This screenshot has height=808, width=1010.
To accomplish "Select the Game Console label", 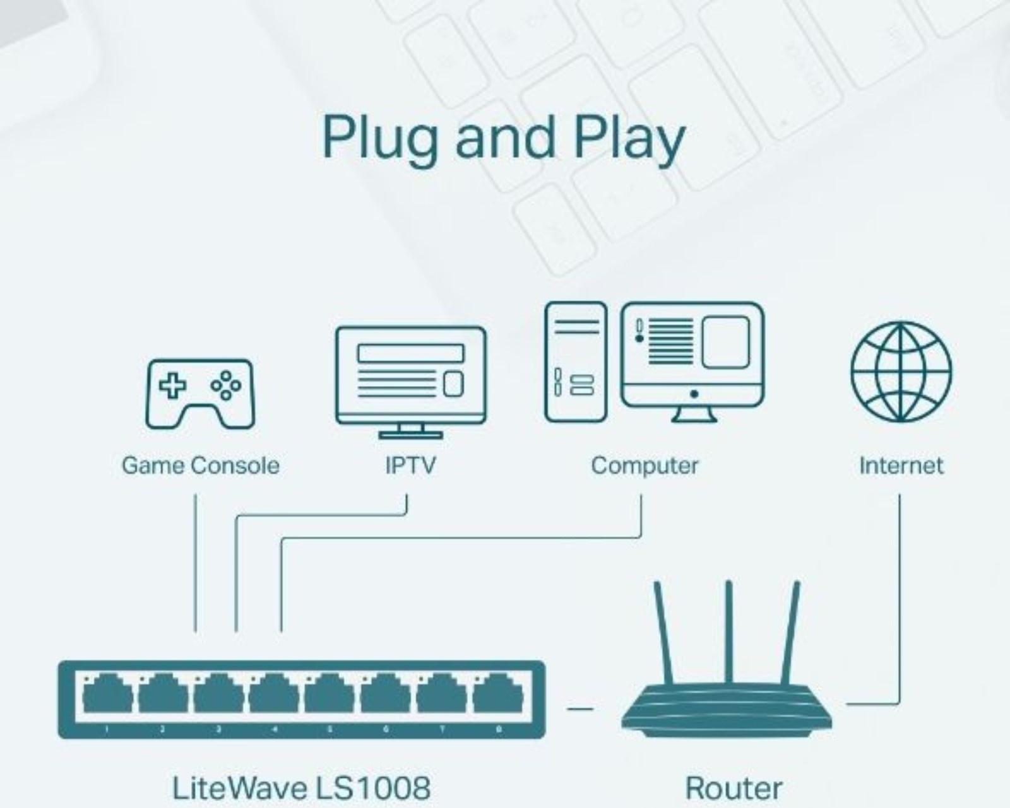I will point(200,465).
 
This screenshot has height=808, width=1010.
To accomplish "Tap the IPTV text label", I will point(410,465).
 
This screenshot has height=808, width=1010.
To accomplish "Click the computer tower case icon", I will point(575,361).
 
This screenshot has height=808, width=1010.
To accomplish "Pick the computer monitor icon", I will point(692,360).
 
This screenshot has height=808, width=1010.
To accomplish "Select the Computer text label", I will point(645,465).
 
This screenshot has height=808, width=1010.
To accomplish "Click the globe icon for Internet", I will point(901,372).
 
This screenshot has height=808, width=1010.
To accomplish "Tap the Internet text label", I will point(901,465).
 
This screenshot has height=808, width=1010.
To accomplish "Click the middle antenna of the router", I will point(728,631).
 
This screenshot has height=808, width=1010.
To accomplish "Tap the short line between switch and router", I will point(579,708).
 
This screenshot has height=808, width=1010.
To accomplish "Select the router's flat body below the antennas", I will point(726,710).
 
